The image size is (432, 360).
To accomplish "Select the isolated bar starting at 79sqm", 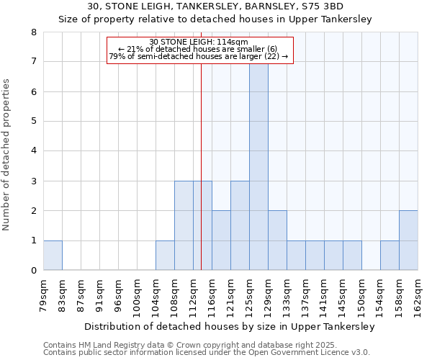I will click(x=53, y=255).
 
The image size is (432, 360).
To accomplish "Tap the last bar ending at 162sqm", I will click(x=408, y=240).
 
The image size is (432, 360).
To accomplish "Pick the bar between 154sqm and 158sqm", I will click(x=390, y=255).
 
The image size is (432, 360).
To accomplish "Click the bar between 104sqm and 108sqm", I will click(x=165, y=255).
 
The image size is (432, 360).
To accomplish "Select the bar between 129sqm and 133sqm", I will click(x=277, y=240).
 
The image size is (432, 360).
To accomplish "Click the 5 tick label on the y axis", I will click(x=32, y=122).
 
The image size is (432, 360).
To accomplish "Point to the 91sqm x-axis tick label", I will click(x=100, y=292).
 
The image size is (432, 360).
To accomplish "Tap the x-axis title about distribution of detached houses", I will click(x=230, y=326).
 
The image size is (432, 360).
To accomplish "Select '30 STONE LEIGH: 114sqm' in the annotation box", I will click(x=199, y=42).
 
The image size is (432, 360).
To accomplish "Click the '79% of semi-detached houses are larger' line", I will click(x=199, y=56).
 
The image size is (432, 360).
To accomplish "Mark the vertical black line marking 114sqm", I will click(x=201, y=144).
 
